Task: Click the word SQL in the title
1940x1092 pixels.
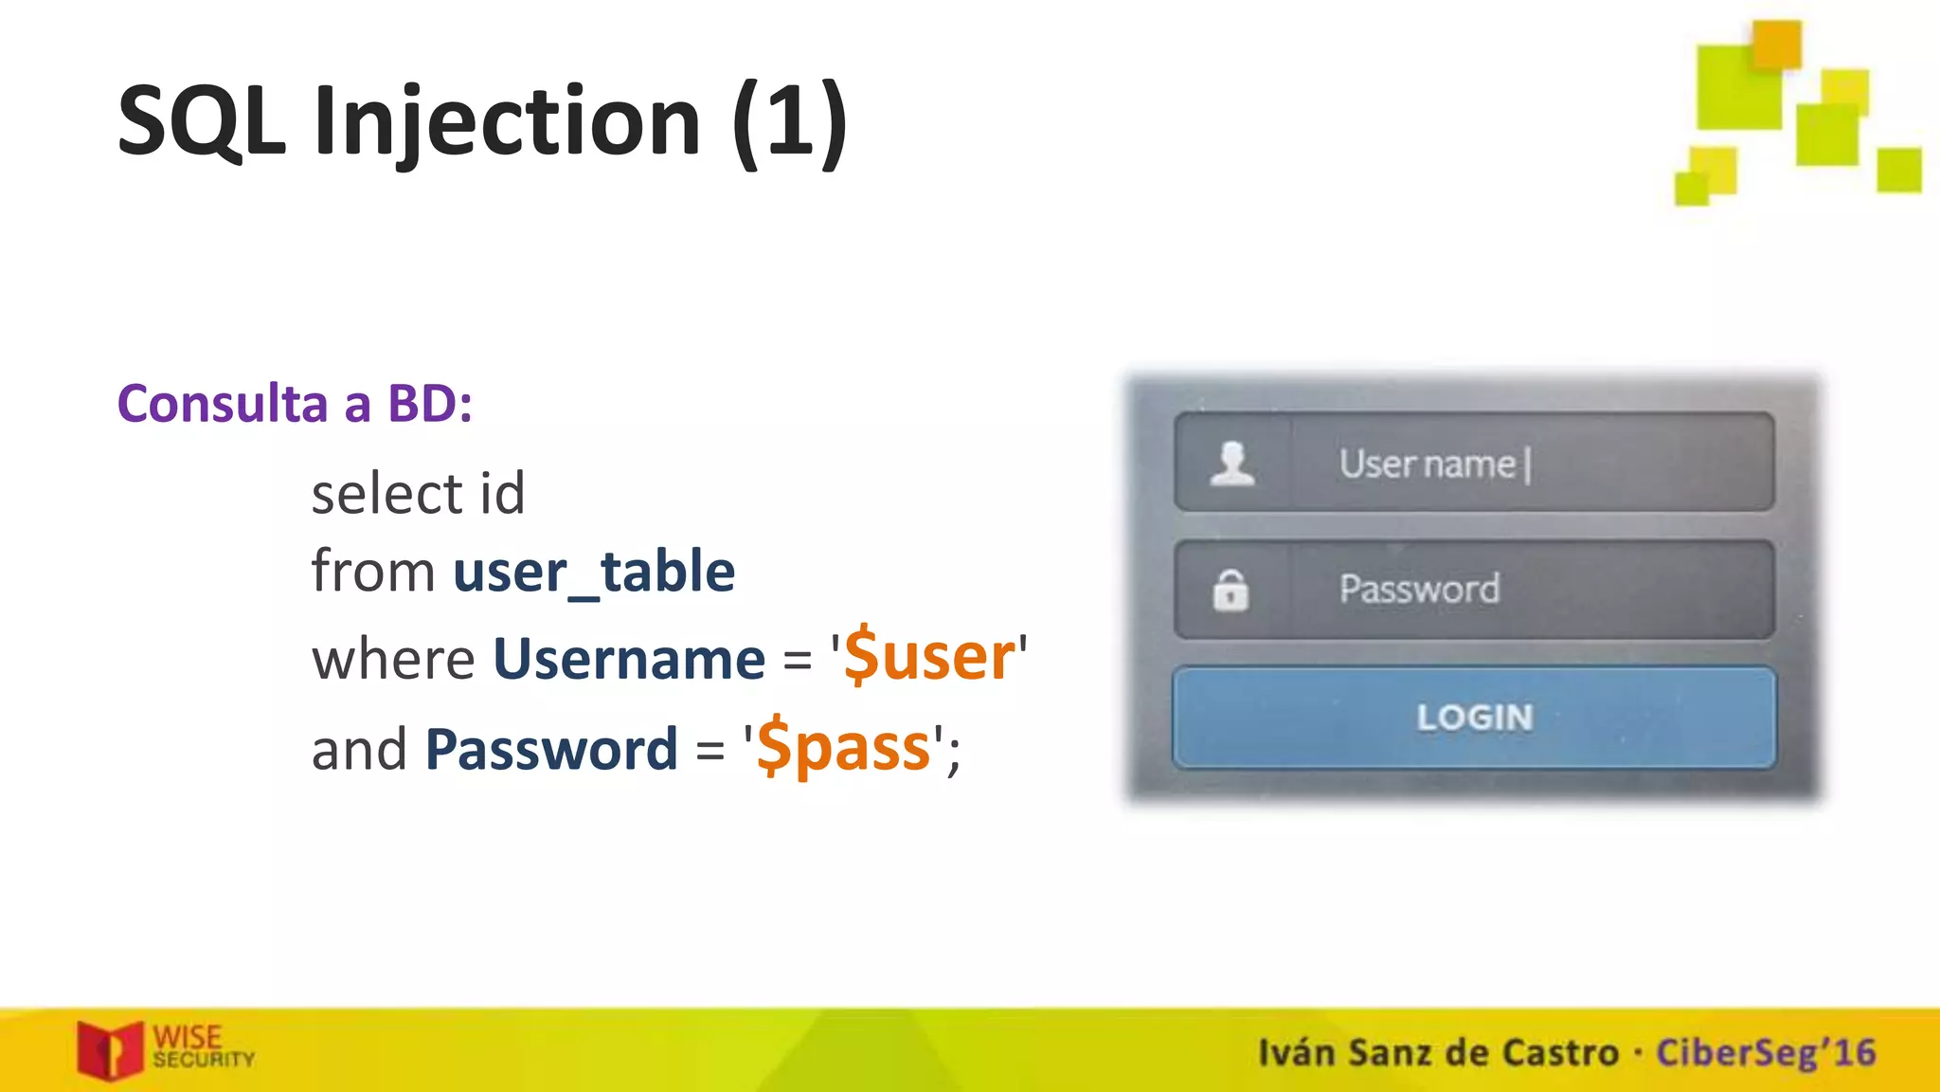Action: pyautogui.click(x=201, y=121)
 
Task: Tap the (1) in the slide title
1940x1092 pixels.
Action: pyautogui.click(x=789, y=121)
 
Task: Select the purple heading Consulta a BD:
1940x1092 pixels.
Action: pyautogui.click(x=295, y=404)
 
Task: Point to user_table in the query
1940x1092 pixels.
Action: pyautogui.click(x=594, y=572)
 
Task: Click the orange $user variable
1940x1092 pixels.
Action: pyautogui.click(x=928, y=656)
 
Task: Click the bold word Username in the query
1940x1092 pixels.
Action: pyautogui.click(x=629, y=659)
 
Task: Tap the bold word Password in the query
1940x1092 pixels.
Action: pyautogui.click(x=551, y=749)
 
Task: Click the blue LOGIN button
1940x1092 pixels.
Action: pyautogui.click(x=1474, y=718)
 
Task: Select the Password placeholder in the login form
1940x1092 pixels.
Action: pyautogui.click(x=1419, y=590)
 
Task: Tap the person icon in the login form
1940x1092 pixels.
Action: pyautogui.click(x=1232, y=464)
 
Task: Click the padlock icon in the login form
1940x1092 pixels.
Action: pyautogui.click(x=1230, y=590)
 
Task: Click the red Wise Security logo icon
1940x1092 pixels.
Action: pyautogui.click(x=110, y=1049)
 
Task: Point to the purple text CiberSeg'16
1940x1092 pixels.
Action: pyautogui.click(x=1766, y=1053)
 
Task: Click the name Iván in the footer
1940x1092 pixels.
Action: pyautogui.click(x=1296, y=1053)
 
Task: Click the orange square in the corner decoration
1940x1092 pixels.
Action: pyautogui.click(x=1776, y=43)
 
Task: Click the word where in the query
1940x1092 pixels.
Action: pyautogui.click(x=393, y=659)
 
